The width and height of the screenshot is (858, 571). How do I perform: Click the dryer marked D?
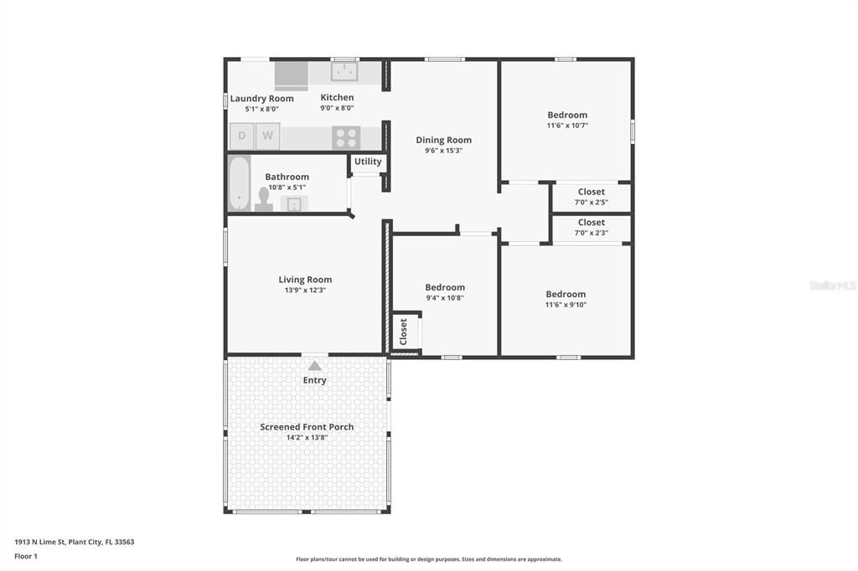(241, 136)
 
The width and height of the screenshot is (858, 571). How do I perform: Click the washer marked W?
(268, 136)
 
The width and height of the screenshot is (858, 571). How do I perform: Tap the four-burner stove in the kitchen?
(346, 137)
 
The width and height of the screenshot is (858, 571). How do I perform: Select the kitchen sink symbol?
(344, 72)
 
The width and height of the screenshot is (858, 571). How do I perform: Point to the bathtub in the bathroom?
(239, 183)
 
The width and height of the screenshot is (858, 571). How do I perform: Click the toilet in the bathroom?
(264, 198)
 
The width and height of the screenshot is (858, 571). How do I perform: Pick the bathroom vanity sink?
(294, 203)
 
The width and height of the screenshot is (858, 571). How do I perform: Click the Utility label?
(368, 162)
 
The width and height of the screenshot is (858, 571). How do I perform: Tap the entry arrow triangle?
(314, 365)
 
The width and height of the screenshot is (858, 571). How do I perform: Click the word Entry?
(314, 380)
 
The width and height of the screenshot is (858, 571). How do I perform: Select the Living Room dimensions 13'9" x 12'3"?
(305, 291)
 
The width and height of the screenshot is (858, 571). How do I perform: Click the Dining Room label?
(443, 140)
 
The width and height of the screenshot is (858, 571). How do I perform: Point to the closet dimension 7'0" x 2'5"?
(591, 202)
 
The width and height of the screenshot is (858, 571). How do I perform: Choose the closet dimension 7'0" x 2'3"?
(591, 233)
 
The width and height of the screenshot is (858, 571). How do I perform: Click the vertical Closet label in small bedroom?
(403, 332)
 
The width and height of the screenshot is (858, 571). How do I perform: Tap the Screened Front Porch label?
(307, 427)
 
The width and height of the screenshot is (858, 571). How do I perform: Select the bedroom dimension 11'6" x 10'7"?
(567, 126)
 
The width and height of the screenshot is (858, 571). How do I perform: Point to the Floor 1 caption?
(28, 556)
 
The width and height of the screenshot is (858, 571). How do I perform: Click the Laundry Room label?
(261, 98)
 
